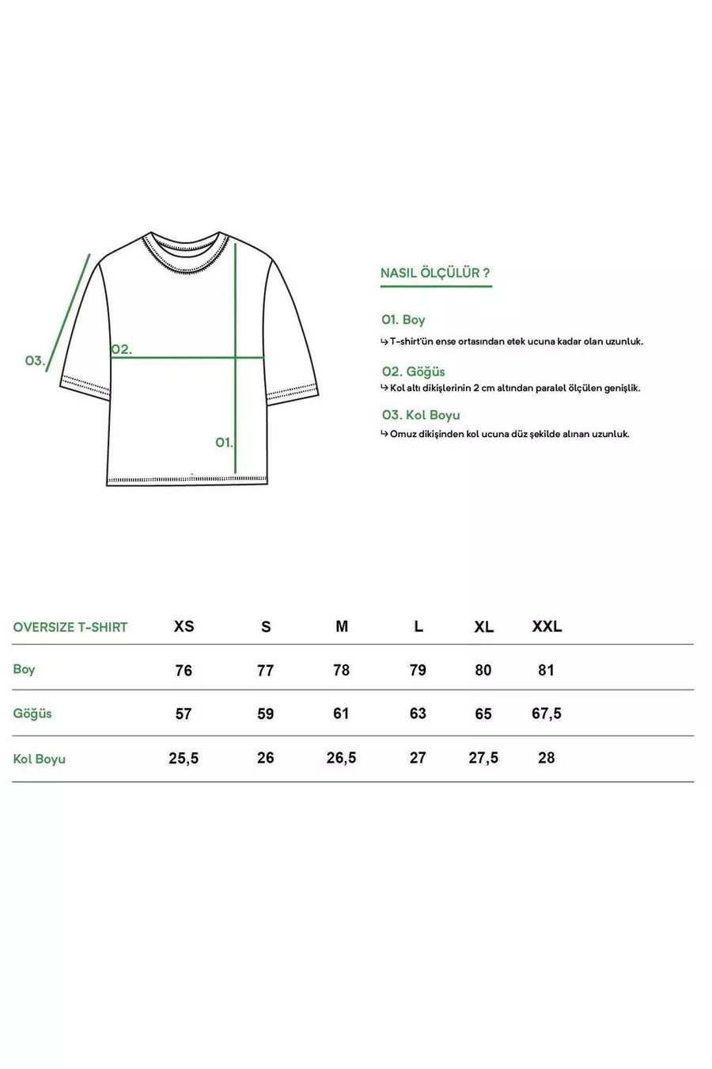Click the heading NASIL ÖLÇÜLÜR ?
[x=435, y=273]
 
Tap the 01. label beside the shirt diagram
[x=224, y=442]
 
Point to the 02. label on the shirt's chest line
[x=121, y=349]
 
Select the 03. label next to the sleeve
[x=35, y=360]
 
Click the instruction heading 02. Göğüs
[x=413, y=371]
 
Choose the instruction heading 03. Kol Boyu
[x=420, y=415]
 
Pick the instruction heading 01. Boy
[x=403, y=320]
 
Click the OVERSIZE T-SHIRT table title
[x=70, y=627]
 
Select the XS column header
[x=184, y=626]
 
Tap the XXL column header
[x=547, y=626]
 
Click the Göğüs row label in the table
[x=32, y=713]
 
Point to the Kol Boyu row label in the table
[x=40, y=759]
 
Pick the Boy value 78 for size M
[x=341, y=670]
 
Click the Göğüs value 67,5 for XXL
[x=547, y=713]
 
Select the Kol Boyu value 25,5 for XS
[x=184, y=758]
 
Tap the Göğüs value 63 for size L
[x=418, y=713]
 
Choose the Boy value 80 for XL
[x=483, y=670]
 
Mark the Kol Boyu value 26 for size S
[x=266, y=758]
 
